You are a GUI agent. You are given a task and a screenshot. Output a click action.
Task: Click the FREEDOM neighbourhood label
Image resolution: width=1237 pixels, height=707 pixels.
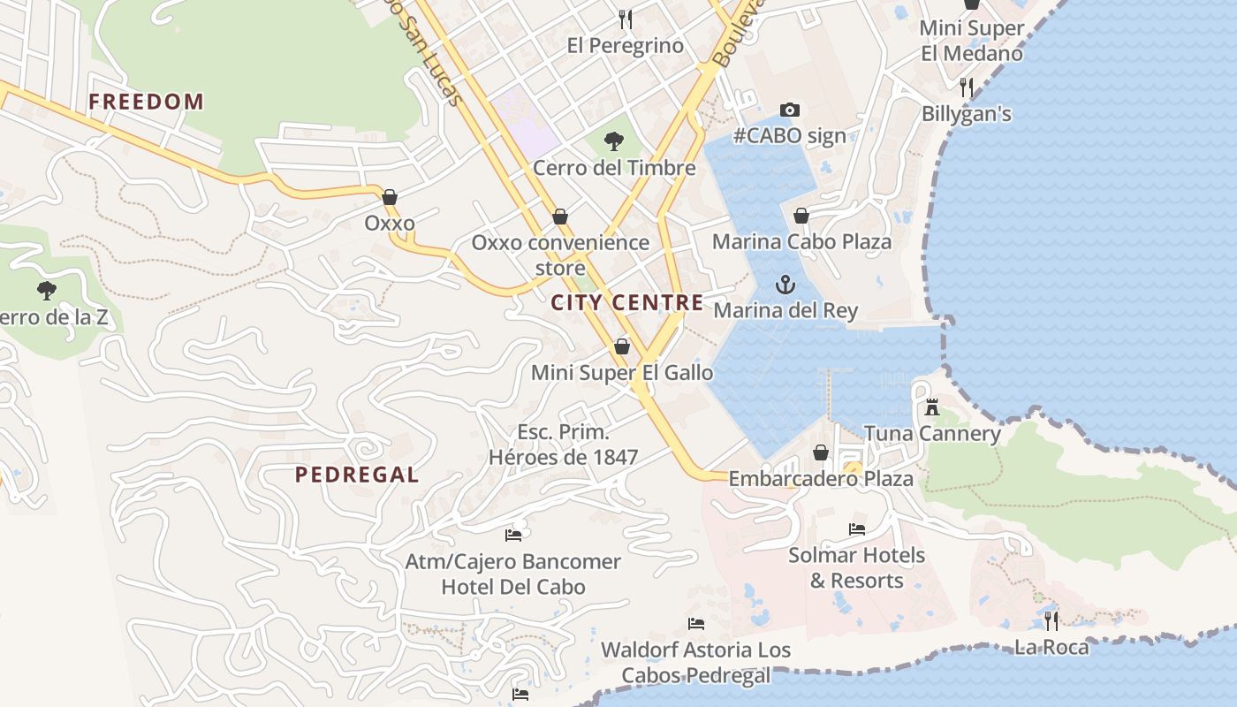point(146,102)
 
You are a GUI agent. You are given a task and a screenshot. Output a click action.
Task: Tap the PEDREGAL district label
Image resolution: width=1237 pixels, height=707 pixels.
point(357,475)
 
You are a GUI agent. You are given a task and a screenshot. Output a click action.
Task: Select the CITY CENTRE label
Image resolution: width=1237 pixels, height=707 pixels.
point(627,303)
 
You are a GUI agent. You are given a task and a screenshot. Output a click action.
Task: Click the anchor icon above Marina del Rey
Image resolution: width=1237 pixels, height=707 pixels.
point(785,285)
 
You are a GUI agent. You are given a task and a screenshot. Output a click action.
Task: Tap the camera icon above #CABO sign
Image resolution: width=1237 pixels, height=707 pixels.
point(790,110)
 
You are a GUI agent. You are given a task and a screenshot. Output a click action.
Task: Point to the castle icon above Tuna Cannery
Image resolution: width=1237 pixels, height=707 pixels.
point(931,407)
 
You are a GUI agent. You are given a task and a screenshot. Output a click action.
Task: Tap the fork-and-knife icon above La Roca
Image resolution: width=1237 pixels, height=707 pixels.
point(1051,621)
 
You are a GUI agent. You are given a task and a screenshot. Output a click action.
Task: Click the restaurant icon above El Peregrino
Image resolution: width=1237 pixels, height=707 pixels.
point(626,19)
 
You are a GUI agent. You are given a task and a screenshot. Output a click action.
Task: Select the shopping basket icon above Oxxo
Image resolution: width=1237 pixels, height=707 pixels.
point(390,197)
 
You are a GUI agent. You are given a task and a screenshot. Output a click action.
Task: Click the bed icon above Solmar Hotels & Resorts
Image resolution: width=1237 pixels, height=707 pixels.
point(856,529)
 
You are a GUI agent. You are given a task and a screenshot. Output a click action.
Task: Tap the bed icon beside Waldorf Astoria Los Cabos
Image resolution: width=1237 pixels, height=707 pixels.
point(696,624)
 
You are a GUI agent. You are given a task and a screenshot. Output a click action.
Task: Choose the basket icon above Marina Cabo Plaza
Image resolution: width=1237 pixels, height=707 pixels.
point(801,216)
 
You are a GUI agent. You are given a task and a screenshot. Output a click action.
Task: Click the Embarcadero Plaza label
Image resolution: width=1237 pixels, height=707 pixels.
point(821,479)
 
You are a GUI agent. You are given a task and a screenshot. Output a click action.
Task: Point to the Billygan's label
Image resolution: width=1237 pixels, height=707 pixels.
point(966,114)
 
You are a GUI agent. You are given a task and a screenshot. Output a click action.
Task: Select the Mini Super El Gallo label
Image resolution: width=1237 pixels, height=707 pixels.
point(622,373)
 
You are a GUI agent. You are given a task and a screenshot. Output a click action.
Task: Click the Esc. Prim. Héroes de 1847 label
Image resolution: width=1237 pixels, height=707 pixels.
point(563,445)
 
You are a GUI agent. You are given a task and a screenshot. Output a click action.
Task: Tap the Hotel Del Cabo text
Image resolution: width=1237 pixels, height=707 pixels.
point(513,587)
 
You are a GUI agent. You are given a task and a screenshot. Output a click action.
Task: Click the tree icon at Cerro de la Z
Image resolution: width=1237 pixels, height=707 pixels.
point(47,290)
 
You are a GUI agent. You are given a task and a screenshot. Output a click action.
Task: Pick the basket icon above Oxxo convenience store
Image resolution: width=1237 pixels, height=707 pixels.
point(560,217)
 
